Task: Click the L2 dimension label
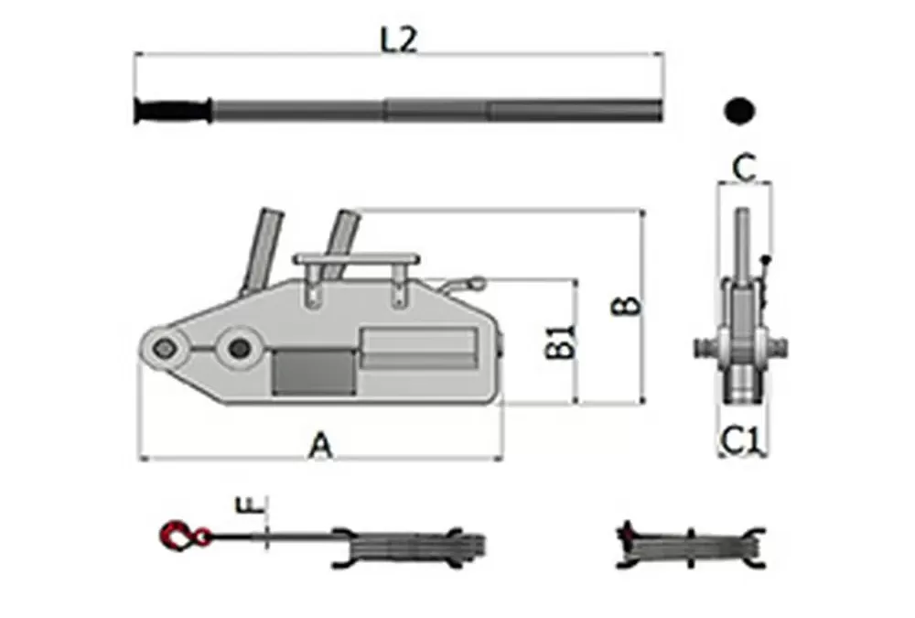tap(399, 40)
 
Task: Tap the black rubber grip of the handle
tap(173, 111)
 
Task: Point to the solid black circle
tap(739, 111)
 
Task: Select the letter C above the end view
tap(744, 168)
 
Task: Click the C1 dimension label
tap(742, 440)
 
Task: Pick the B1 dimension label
tap(562, 342)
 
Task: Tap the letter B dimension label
tap(626, 306)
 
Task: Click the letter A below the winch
tap(320, 445)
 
